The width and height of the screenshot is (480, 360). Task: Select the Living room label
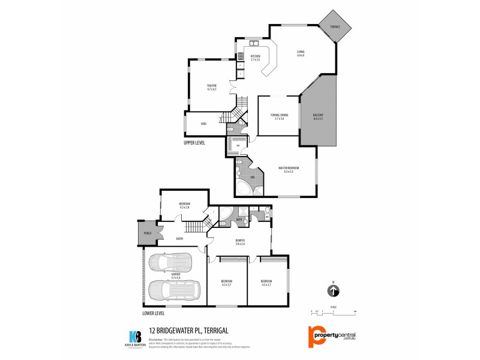[301, 53]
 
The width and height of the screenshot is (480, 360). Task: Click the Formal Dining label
[279, 116]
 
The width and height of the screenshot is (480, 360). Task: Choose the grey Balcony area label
[318, 117]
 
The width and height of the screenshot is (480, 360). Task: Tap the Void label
[203, 124]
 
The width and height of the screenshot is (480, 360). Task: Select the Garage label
[176, 274]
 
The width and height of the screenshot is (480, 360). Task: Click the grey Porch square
[146, 233]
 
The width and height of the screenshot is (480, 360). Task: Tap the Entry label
[179, 239]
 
